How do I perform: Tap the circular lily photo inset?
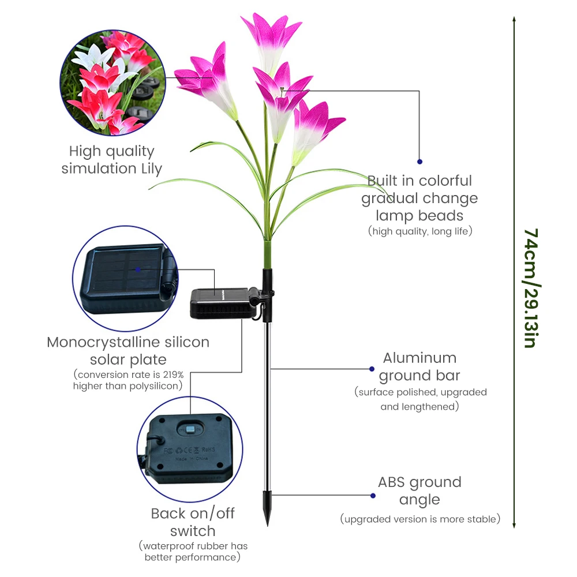coord(110,83)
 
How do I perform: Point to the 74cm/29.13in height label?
coord(530,288)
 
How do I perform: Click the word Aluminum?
coord(419,358)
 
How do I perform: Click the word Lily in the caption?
coord(148,168)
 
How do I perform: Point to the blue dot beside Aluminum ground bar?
coord(372,368)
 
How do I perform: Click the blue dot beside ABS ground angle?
coord(372,495)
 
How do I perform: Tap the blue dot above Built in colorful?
coord(419,162)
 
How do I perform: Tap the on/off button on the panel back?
coord(189,429)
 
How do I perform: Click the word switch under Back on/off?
coord(193,531)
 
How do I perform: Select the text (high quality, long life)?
coord(420,231)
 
